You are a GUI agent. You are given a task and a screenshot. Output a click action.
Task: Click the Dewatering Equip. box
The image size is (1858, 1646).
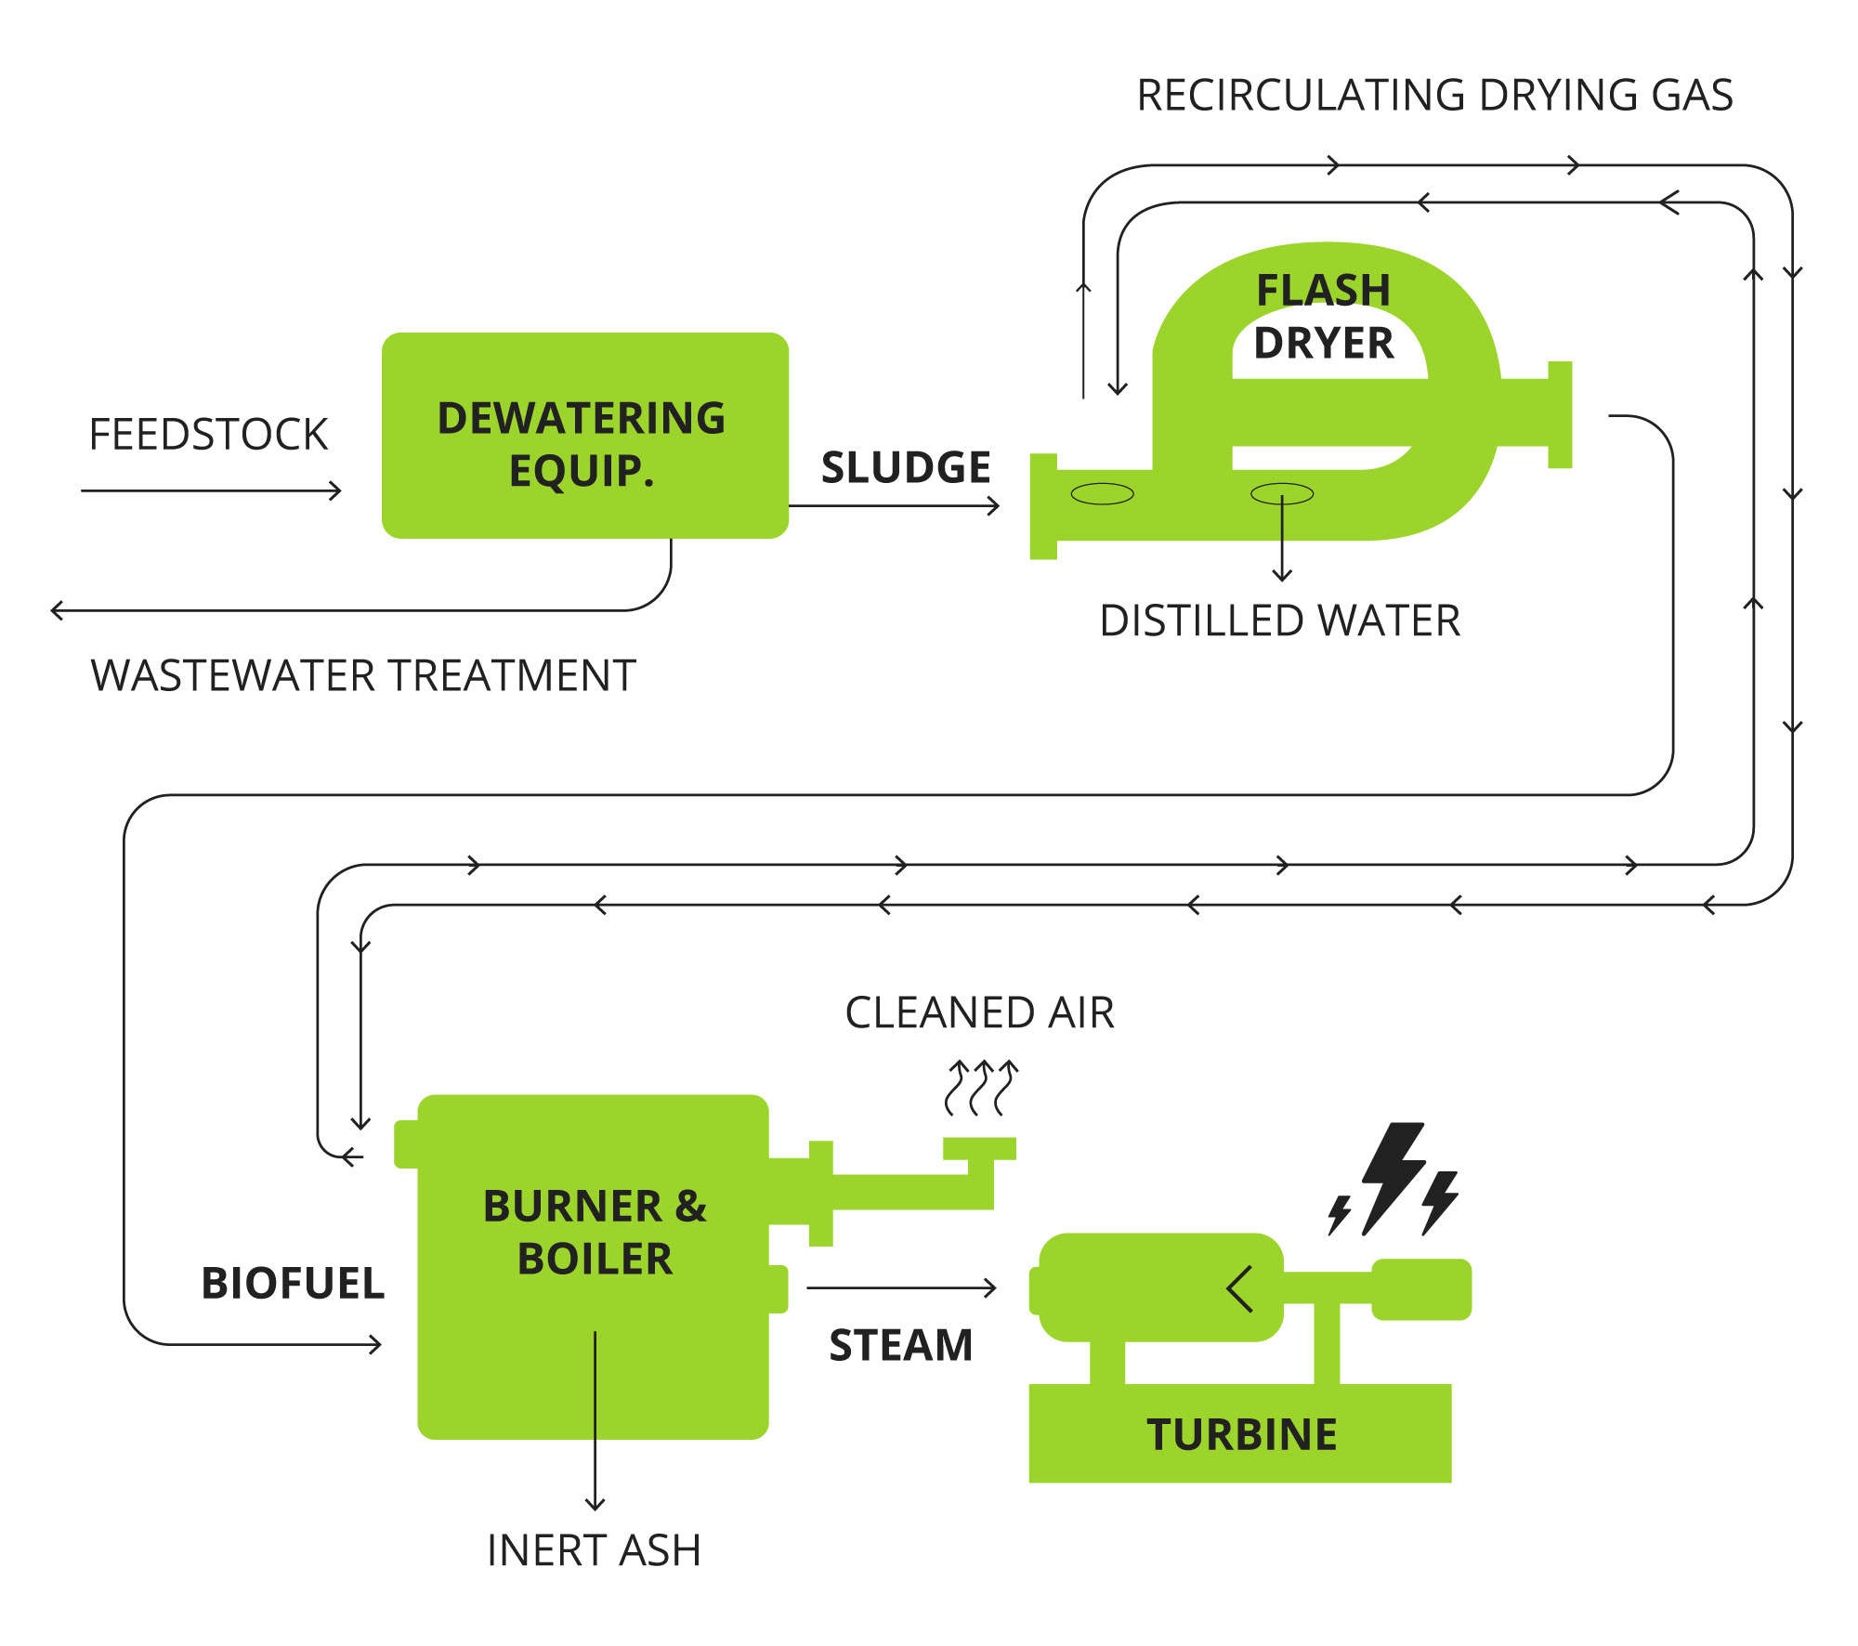[584, 436]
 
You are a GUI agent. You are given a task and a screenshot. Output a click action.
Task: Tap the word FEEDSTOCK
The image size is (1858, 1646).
[208, 435]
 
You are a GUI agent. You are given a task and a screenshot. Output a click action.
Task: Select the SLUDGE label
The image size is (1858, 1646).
[906, 467]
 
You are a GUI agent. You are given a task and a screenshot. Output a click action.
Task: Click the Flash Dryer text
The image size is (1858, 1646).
[1324, 317]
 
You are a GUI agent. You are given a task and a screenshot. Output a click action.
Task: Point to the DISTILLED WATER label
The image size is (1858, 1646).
[1279, 621]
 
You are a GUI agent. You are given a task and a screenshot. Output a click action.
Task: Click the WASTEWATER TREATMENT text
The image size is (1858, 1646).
[363, 675]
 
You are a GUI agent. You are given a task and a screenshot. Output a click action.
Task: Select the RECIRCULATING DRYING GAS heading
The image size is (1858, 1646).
[1434, 95]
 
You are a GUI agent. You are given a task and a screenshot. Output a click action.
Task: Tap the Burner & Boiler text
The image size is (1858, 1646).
[595, 1232]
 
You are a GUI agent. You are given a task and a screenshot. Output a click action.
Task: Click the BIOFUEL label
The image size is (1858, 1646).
[293, 1283]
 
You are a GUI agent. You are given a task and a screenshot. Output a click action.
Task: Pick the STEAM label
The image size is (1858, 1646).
[900, 1345]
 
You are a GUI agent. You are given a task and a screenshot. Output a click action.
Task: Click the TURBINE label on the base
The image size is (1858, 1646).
[1241, 1434]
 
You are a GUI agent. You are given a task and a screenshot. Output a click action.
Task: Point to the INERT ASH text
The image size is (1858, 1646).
[594, 1550]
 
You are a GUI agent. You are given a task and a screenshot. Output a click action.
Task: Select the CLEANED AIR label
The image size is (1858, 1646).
[979, 1012]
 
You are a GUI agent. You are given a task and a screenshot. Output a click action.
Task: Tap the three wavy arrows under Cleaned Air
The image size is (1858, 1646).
[981, 1087]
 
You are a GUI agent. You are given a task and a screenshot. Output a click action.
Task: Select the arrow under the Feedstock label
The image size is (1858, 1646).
[212, 490]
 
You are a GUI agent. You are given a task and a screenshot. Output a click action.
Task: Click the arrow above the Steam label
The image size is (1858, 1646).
[901, 1288]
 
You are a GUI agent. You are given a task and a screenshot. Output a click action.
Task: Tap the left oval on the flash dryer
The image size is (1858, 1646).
[1102, 494]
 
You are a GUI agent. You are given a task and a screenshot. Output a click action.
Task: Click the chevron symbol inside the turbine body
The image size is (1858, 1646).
[1240, 1288]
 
